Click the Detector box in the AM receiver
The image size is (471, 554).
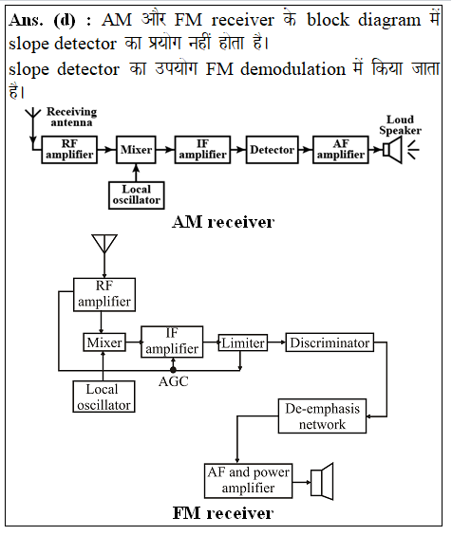272,150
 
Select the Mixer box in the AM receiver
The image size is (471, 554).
136,150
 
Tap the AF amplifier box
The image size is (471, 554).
341,150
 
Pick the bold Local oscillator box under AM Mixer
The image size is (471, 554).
137,195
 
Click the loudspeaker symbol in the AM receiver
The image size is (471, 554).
392,150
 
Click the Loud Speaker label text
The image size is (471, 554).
400,124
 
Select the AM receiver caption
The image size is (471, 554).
223,222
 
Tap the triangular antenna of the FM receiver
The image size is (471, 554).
104,244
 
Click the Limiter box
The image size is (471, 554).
243,342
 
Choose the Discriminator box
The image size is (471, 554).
330,342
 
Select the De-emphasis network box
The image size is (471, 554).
322,416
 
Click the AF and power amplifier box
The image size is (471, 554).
248,481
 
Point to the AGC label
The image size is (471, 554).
173,381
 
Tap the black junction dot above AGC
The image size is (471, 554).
173,370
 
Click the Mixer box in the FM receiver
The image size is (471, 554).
104,342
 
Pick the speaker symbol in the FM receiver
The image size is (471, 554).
322,482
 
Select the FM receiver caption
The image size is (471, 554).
223,513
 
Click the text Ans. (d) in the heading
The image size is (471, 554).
42,20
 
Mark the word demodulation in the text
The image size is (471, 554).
293,68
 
